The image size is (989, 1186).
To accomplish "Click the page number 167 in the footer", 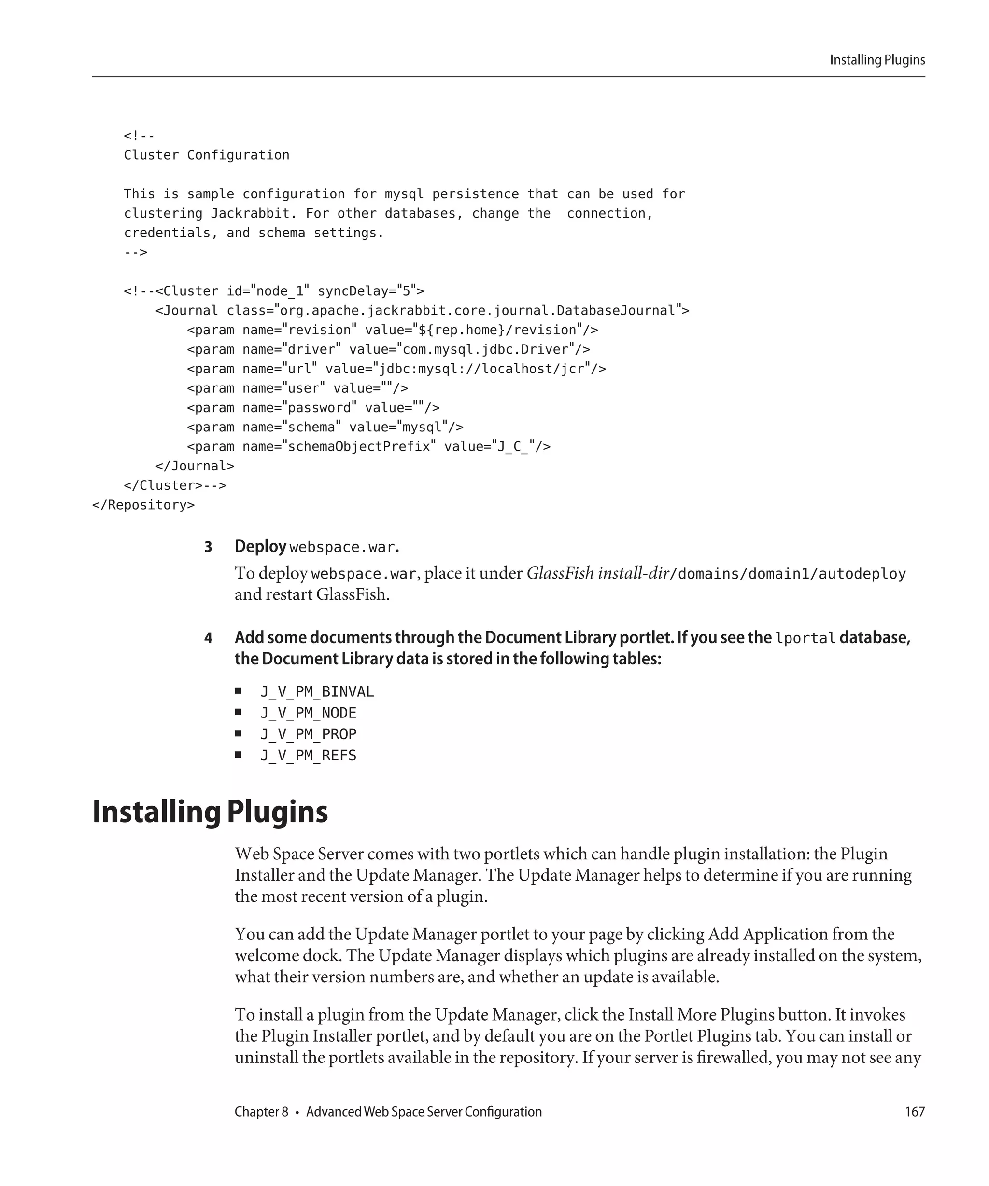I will [x=915, y=1111].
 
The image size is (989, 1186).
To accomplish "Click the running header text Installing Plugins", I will [x=877, y=60].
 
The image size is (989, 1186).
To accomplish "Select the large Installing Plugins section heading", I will [x=210, y=812].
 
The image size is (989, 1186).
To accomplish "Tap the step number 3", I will [x=208, y=547].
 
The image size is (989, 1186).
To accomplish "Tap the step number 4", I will [x=208, y=638].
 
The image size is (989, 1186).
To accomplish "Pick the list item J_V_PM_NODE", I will [x=308, y=713].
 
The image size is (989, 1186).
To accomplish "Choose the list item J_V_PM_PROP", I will [x=308, y=734].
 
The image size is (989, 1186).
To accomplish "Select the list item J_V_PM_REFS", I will [x=308, y=756].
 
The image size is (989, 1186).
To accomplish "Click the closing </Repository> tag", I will [x=143, y=505].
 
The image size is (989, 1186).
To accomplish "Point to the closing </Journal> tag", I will [x=195, y=466].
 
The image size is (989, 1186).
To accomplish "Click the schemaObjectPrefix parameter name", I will [x=359, y=447].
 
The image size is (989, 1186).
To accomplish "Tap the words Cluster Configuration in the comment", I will [x=206, y=155].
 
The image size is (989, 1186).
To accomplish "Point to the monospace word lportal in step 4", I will [x=805, y=639].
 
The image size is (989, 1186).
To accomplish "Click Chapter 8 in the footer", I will [x=261, y=1111].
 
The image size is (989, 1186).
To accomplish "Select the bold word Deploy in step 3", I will [x=260, y=547].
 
